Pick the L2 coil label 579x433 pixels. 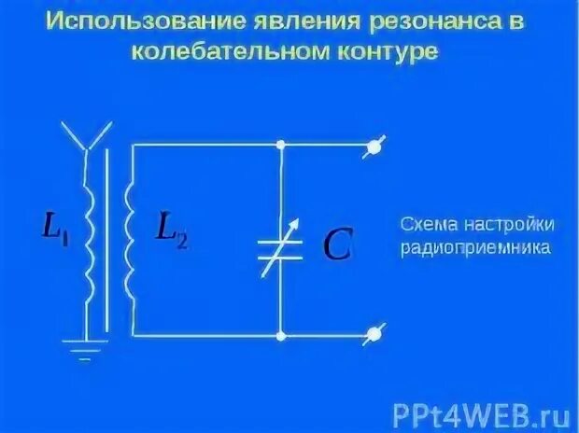170,229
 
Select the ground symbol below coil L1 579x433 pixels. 87,349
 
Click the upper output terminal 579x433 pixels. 374,145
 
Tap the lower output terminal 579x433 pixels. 375,332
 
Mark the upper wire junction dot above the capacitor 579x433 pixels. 280,145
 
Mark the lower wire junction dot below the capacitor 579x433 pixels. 280,333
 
